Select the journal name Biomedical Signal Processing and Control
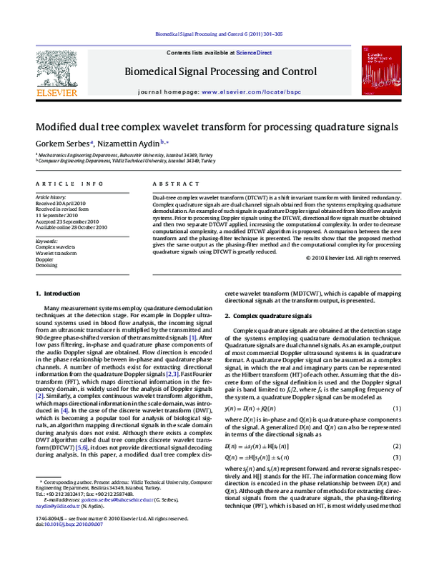click(x=220, y=71)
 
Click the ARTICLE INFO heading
click(x=64, y=184)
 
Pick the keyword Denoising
click(x=48, y=264)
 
